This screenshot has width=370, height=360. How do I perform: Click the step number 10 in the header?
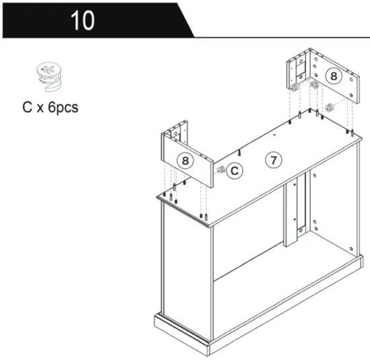(83, 20)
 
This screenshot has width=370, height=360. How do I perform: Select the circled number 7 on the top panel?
(272, 160)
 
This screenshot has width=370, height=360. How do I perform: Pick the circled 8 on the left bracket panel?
(186, 160)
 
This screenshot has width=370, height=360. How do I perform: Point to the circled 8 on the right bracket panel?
(333, 76)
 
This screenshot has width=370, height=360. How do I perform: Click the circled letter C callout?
(233, 172)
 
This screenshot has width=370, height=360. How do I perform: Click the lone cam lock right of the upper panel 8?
(330, 107)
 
